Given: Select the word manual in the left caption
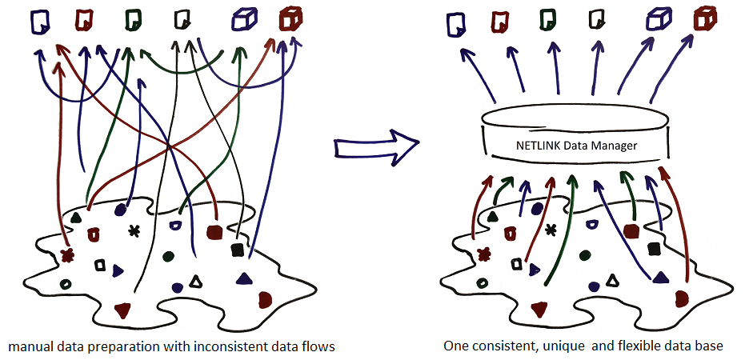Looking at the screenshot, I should click(x=27, y=346).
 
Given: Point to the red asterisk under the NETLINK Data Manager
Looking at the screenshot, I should click(x=483, y=255).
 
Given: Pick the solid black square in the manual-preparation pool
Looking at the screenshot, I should click(x=236, y=250).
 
